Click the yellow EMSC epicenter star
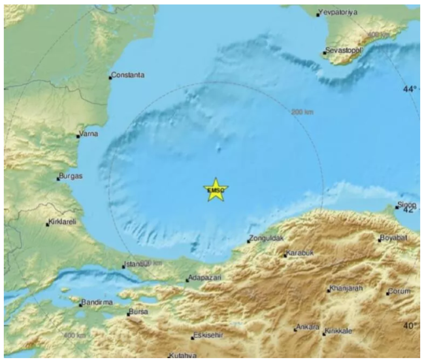pyautogui.click(x=216, y=189)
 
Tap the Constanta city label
pyautogui.click(x=128, y=75)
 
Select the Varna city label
pyautogui.click(x=88, y=135)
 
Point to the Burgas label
pyautogui.click(x=71, y=176)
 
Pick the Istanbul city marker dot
pyautogui.click(x=123, y=266)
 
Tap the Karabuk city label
pyautogui.click(x=300, y=253)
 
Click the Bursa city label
pyautogui.click(x=140, y=312)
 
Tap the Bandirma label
pyautogui.click(x=97, y=303)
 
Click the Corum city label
pyautogui.click(x=399, y=291)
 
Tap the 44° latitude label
pyautogui.click(x=409, y=90)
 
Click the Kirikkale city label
pyautogui.click(x=339, y=331)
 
